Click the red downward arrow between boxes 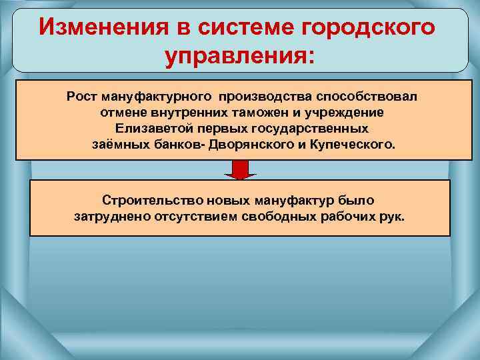240,171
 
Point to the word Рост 79,97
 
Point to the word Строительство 148,200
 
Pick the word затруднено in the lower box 109,216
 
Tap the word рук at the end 393,216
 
